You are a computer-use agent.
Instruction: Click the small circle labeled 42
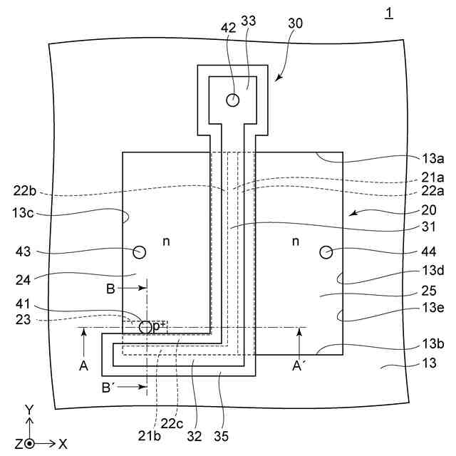[232, 100]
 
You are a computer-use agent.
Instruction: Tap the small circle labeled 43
[139, 252]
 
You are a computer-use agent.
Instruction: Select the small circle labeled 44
[327, 252]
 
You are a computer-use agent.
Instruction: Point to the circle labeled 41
[145, 327]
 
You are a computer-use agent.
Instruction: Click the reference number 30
[294, 23]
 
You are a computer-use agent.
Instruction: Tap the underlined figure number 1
[388, 13]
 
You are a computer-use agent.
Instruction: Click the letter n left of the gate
[166, 242]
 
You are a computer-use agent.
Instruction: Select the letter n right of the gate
[296, 242]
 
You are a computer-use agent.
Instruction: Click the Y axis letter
[28, 410]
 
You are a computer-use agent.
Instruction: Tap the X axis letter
[63, 443]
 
